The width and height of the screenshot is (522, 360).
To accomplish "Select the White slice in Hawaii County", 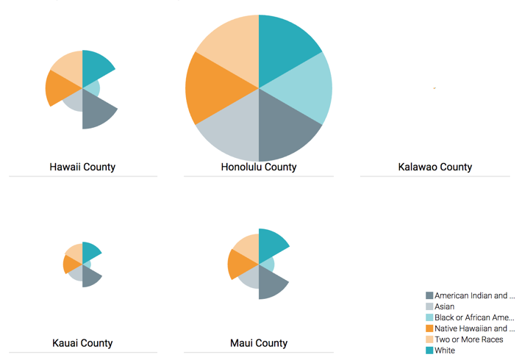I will coord(96,66).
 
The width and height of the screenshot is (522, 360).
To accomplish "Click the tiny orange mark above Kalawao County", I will coord(435,88).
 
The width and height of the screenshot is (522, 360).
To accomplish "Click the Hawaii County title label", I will coord(82,167).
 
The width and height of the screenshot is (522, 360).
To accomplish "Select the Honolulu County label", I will coord(259,167).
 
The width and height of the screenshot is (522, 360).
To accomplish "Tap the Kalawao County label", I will coord(435,167).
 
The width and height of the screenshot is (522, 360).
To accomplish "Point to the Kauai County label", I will coord(82,343).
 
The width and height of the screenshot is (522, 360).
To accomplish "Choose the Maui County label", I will coord(259,343).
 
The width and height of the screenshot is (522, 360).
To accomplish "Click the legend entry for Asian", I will coord(444,306).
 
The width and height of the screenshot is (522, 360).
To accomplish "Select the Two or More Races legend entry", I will coord(468,339).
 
